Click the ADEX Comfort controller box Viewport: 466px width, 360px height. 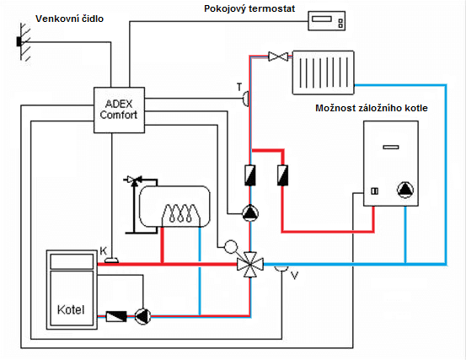click(119, 110)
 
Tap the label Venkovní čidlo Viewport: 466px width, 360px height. click(70, 19)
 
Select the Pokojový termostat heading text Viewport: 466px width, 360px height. click(249, 8)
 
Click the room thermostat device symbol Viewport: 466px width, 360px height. click(326, 21)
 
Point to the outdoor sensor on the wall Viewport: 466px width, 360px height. click(19, 41)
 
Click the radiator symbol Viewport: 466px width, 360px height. click(324, 73)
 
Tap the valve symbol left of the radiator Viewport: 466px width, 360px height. click(278, 56)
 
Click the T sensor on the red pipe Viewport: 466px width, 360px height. click(246, 99)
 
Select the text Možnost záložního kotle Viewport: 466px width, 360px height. click(372, 108)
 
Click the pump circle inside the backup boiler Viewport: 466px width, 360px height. click(405, 190)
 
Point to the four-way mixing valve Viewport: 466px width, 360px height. click(250, 264)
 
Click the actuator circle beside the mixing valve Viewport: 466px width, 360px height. click(231, 246)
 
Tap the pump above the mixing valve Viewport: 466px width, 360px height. click(250, 213)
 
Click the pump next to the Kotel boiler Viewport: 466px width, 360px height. click(142, 316)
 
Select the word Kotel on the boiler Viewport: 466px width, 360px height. click(71, 309)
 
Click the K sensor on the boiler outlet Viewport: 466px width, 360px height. click(111, 261)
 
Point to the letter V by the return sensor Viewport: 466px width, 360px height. click(294, 276)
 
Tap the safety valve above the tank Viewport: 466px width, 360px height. click(134, 180)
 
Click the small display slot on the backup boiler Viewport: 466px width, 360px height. click(391, 147)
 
